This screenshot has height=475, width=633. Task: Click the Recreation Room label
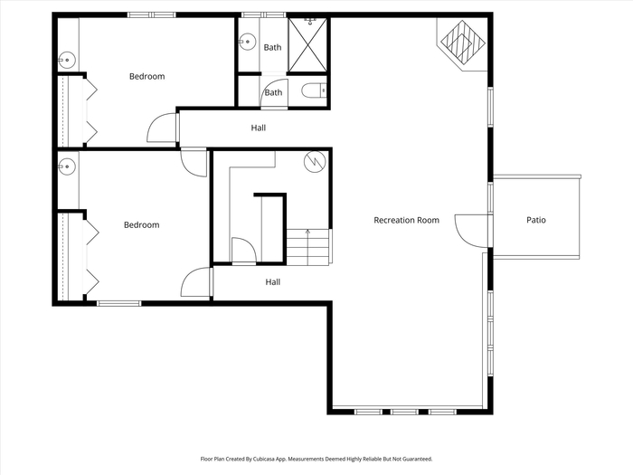pos(406,220)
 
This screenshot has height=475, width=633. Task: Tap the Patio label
pos(536,220)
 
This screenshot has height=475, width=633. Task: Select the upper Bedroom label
pos(146,76)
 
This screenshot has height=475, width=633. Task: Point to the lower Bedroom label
pos(142,224)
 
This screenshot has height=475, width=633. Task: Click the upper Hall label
pos(259,128)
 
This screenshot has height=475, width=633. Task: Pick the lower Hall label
pos(273,282)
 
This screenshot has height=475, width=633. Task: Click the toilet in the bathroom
pos(314,90)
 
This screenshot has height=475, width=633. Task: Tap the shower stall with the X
pos(307,44)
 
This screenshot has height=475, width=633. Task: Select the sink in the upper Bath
pos(247,42)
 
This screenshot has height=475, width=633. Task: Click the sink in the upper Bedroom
pos(67,61)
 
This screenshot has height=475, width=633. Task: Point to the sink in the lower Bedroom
pos(67,166)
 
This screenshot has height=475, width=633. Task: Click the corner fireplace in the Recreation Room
pos(462,43)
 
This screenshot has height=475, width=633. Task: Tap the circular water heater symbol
pos(315,162)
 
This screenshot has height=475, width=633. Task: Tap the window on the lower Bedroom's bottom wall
pos(119,303)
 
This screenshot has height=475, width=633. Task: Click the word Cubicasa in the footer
pos(264,459)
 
